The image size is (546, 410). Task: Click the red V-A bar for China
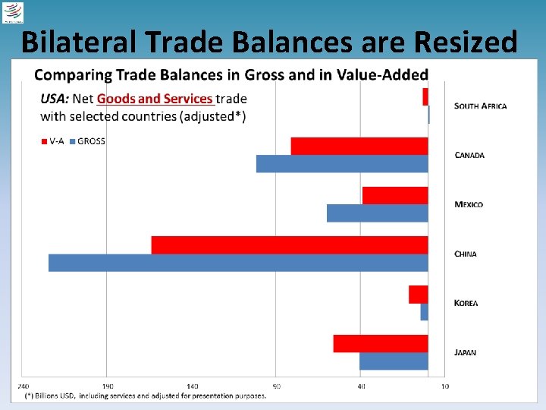click(x=290, y=244)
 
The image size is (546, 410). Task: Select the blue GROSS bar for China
click(x=238, y=263)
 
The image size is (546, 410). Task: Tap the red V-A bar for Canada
click(x=359, y=146)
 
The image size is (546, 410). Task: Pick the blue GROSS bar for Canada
click(x=342, y=164)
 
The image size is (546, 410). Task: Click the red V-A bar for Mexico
click(x=395, y=195)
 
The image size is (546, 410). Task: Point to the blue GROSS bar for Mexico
click(x=378, y=213)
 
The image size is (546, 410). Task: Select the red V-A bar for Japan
click(x=381, y=343)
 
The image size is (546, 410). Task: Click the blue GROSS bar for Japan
click(x=394, y=361)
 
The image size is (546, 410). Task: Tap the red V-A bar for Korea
click(x=419, y=294)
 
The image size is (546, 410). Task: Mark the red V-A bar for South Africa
click(x=425, y=96)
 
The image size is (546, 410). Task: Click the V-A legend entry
click(x=52, y=141)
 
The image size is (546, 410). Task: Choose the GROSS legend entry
click(x=87, y=141)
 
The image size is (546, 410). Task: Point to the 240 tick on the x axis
click(x=24, y=386)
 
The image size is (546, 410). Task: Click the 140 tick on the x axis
click(x=193, y=386)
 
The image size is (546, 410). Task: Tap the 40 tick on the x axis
click(x=361, y=386)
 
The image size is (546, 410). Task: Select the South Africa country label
click(x=481, y=106)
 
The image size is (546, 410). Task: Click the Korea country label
click(x=466, y=303)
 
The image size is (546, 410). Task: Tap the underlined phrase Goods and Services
click(x=155, y=99)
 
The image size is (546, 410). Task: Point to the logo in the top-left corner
click(x=14, y=13)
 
